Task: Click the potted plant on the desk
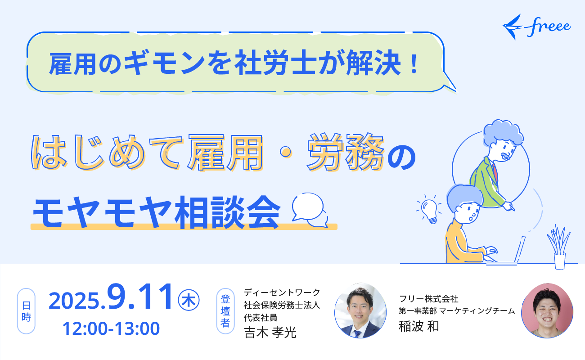559,247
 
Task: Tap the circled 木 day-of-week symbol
189,300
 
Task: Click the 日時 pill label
26,311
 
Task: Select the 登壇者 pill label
225,311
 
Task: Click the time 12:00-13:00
111,328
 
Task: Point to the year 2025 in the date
74,301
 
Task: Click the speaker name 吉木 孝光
270,333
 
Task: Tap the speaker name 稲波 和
418,326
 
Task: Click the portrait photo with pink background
547,310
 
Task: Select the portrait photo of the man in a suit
360,310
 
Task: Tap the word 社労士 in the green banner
275,64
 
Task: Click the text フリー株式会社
428,299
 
